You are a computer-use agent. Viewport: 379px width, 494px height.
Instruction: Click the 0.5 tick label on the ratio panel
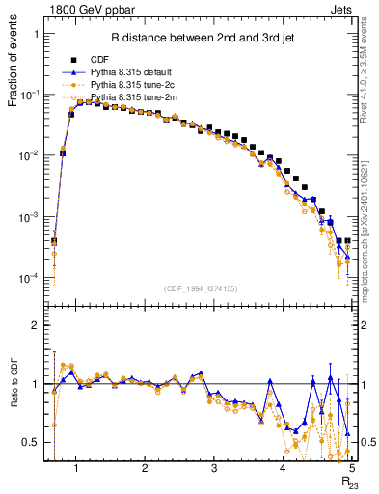pos(31,442)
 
